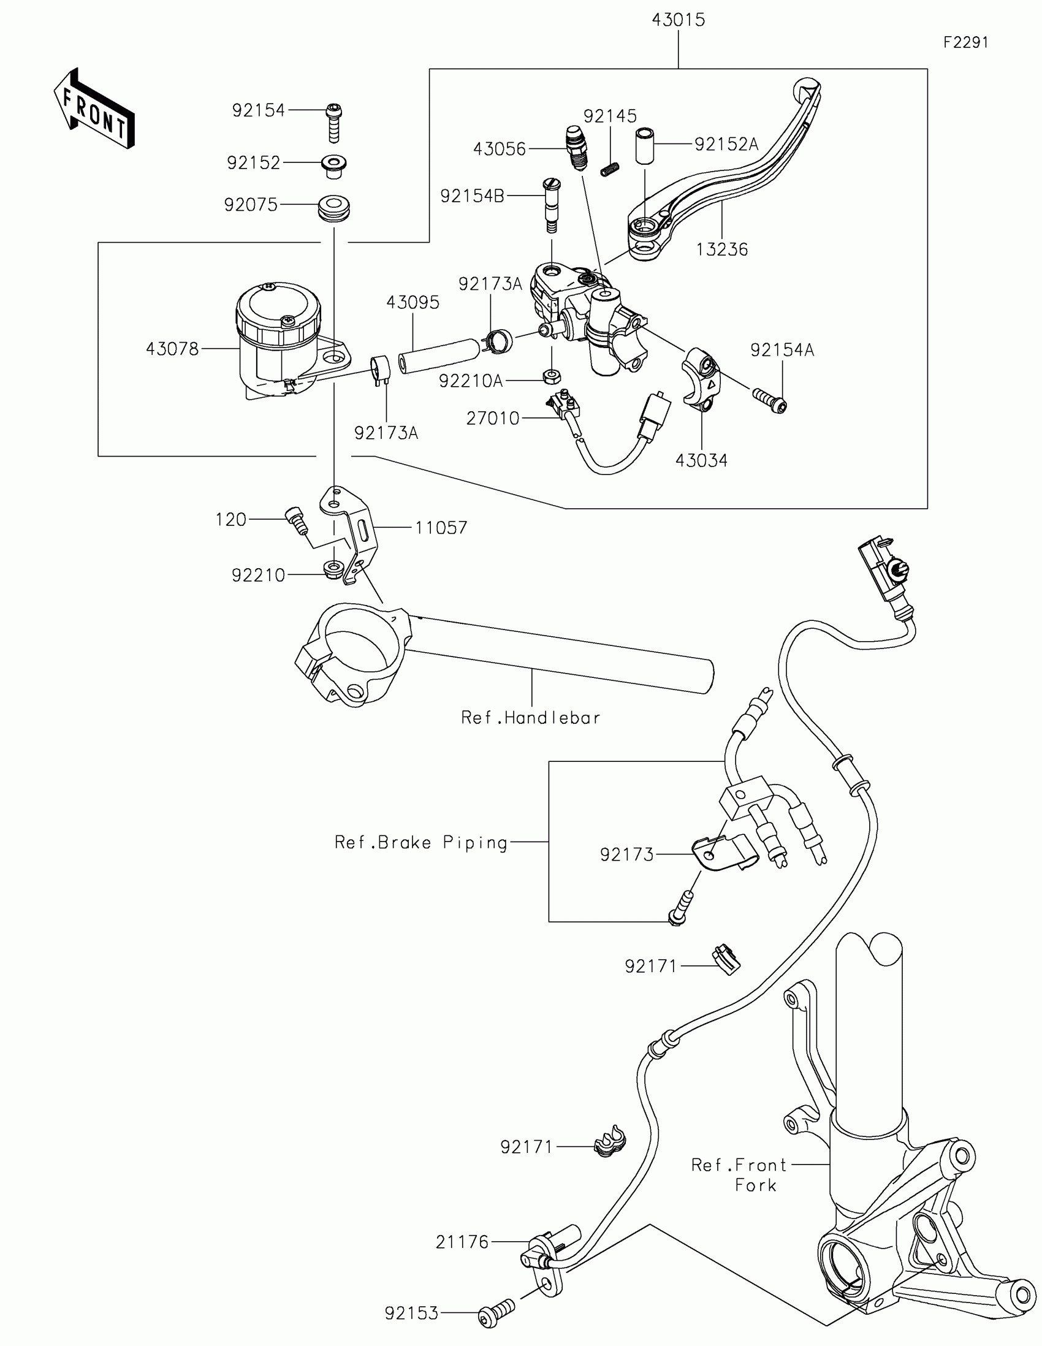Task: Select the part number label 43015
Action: click(678, 20)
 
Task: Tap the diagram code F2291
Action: click(965, 42)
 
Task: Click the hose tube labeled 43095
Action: click(439, 356)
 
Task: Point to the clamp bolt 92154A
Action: click(770, 400)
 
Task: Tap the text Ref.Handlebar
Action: click(531, 717)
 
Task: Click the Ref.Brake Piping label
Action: click(422, 843)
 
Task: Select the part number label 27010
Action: click(493, 419)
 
